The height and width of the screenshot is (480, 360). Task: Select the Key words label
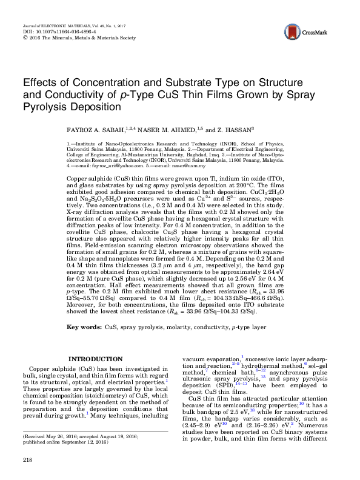[82, 327]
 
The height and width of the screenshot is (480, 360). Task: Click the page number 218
[27, 461]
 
